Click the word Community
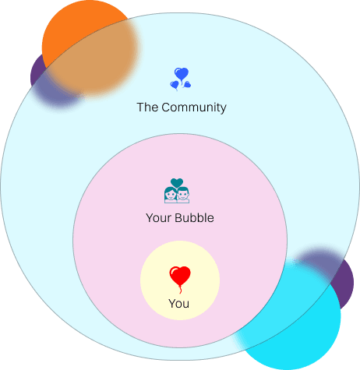(194, 107)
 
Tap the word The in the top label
(147, 107)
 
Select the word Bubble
(194, 217)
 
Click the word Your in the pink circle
(159, 218)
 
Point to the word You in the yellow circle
(178, 304)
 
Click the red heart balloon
(180, 275)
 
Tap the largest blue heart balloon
(182, 74)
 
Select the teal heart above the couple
(177, 182)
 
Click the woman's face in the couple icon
(171, 195)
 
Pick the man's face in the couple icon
(183, 195)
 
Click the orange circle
(90, 47)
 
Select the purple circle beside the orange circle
(39, 74)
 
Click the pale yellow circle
(180, 280)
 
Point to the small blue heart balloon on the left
(175, 85)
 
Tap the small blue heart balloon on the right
(187, 84)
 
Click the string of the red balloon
(180, 289)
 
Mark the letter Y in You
(172, 303)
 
